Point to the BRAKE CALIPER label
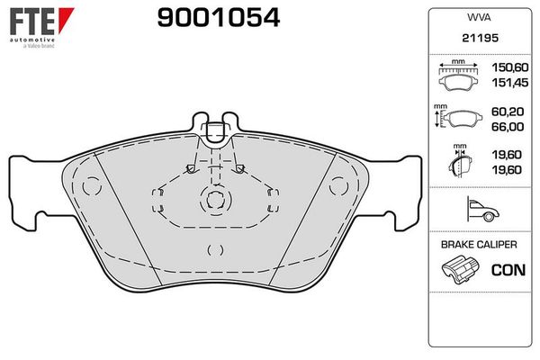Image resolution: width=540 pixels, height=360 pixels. click(477, 245)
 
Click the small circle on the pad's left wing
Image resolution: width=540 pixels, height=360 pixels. click(90, 187)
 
